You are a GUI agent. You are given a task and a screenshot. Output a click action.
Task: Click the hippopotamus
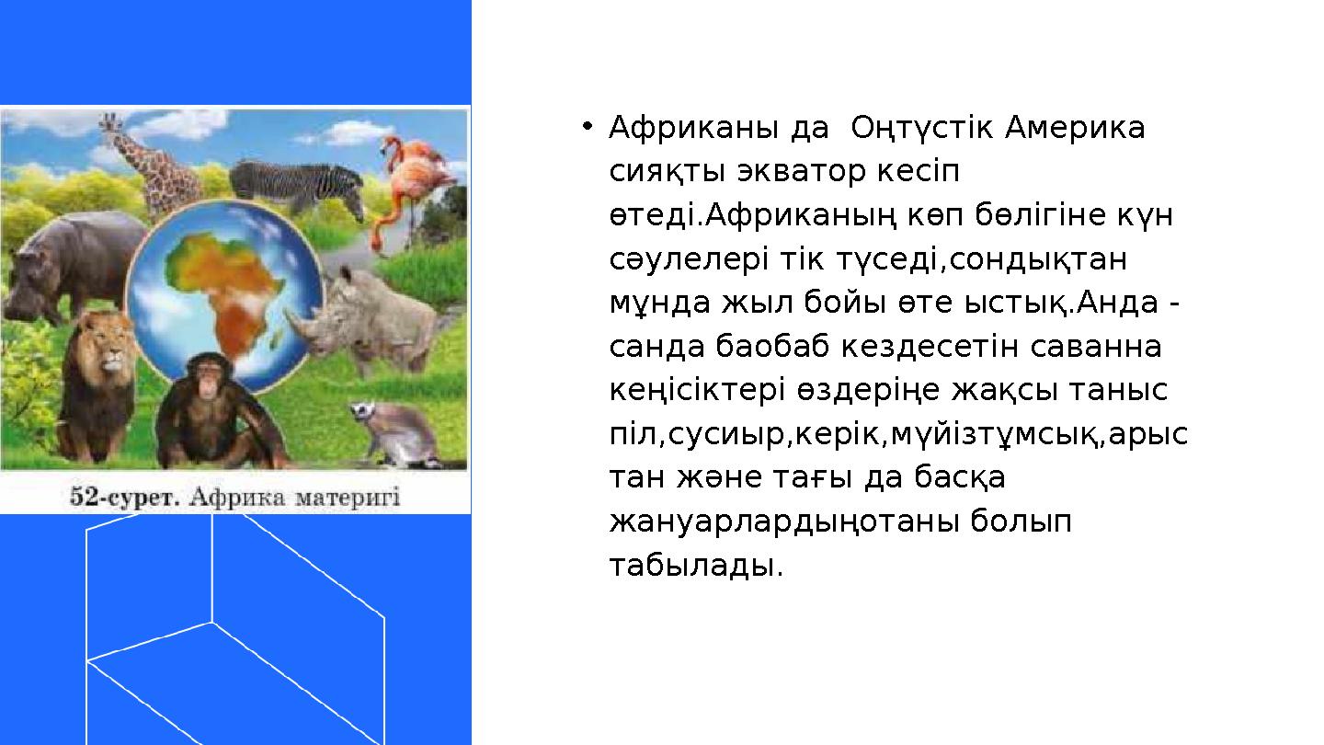point(71,266)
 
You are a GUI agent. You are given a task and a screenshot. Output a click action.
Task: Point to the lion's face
point(108,349)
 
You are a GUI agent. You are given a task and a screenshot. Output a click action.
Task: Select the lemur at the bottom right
point(394,433)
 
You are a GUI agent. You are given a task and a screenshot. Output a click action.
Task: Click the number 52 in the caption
point(82,497)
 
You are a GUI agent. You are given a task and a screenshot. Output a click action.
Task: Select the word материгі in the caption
point(348,498)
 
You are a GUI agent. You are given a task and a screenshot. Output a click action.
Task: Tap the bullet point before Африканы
point(587,126)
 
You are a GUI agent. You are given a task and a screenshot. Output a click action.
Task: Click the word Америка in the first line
point(1075,128)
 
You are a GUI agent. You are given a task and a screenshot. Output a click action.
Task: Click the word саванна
point(1096,347)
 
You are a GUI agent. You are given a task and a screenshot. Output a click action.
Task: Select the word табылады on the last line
point(696,565)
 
